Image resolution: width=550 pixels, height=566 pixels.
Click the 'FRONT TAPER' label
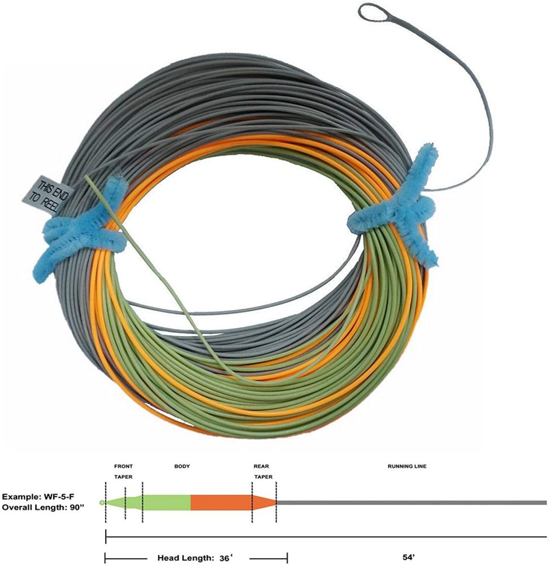click(x=123, y=471)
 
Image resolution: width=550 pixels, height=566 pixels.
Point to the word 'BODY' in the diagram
click(x=182, y=466)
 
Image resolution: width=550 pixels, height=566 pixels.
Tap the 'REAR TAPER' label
click(x=263, y=471)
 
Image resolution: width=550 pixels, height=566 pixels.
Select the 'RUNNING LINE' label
click(x=406, y=466)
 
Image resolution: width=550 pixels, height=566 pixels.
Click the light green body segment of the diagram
click(x=167, y=502)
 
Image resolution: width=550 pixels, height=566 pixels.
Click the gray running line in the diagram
click(x=413, y=502)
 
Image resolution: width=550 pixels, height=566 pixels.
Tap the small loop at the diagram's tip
click(x=102, y=503)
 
